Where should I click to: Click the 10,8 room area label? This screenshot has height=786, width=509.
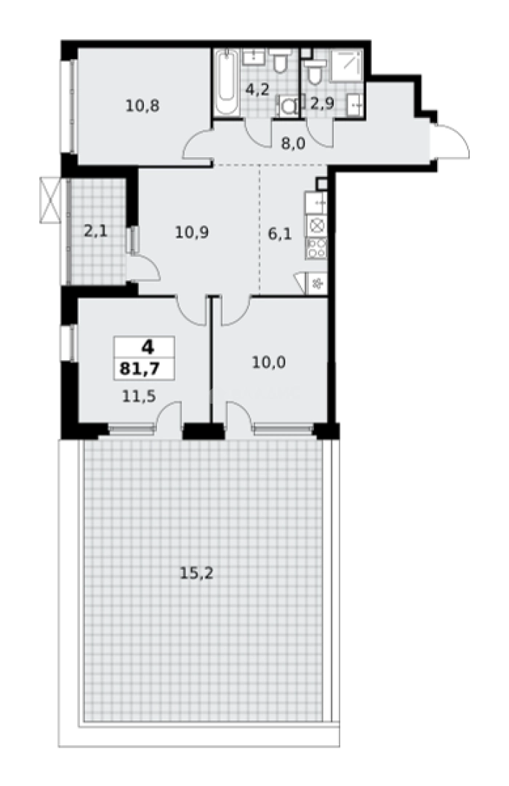(x=142, y=105)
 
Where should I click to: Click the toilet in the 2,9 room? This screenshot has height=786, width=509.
(x=315, y=72)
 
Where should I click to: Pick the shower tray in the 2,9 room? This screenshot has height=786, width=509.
(x=348, y=65)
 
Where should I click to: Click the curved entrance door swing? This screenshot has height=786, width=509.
(x=452, y=143)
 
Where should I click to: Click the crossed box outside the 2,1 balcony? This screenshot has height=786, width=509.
(x=48, y=200)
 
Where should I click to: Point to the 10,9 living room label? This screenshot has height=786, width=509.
(x=192, y=233)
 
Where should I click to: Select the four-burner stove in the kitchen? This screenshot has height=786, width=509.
(x=318, y=249)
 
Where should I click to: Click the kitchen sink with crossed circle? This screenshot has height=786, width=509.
(x=318, y=226)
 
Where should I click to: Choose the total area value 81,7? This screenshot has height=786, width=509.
(x=144, y=368)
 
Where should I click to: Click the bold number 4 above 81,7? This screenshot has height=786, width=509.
(x=144, y=347)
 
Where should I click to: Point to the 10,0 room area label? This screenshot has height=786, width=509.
(x=268, y=361)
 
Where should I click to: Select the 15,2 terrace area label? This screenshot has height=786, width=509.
(x=196, y=573)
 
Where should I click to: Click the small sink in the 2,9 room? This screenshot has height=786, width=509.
(x=356, y=104)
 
